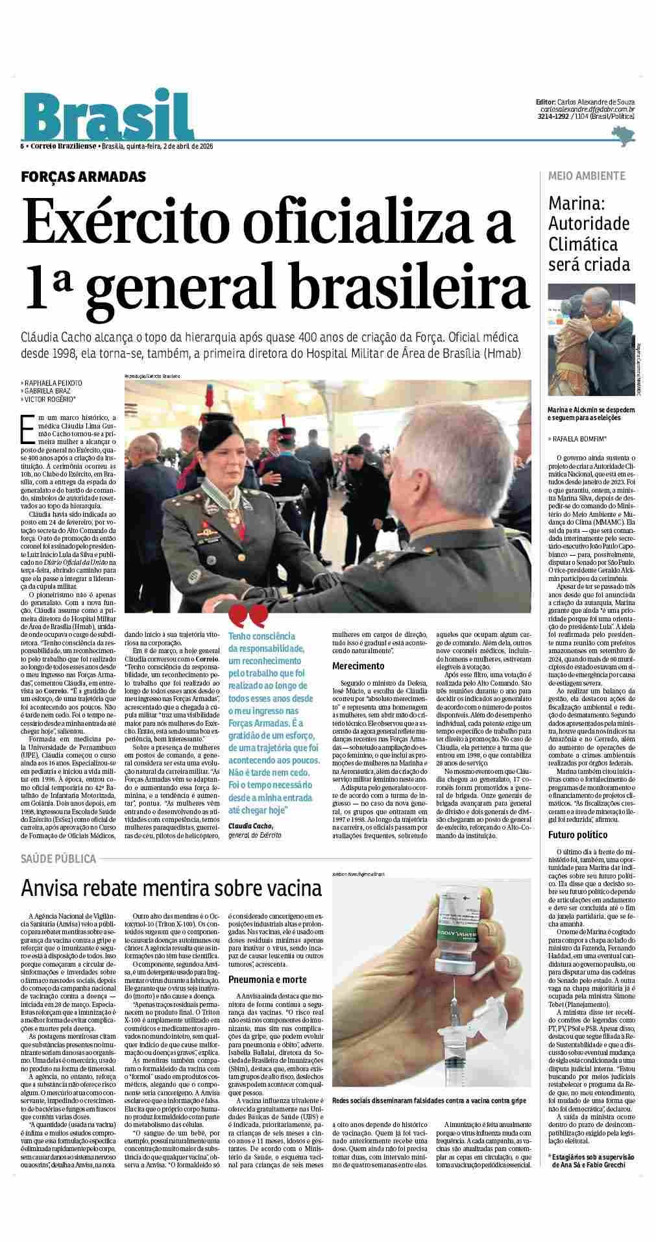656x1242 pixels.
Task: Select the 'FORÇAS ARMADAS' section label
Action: coord(83,177)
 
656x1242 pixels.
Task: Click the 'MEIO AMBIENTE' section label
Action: coord(587,176)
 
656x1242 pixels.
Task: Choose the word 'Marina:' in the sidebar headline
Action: coord(576,203)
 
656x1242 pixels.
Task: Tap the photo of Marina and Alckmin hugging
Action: coord(592,343)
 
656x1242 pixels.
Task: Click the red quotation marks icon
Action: coord(247,614)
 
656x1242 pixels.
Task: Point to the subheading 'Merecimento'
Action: coord(358,665)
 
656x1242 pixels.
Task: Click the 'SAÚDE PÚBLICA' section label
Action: coord(58,859)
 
